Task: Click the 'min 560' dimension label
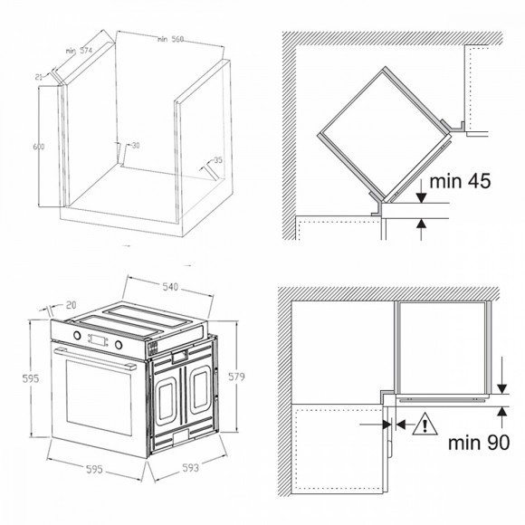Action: coord(171,39)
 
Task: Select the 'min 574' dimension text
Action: coord(79,51)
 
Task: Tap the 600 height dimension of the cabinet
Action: coord(39,147)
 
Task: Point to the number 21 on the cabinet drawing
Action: coord(39,77)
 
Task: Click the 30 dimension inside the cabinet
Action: coord(136,146)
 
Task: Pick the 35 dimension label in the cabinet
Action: coord(218,160)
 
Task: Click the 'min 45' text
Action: coord(460,181)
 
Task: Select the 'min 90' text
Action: coord(479,443)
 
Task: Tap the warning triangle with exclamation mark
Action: coord(425,425)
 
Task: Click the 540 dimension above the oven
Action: coord(170,287)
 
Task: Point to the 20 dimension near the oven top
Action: coord(71,305)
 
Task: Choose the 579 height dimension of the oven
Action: coord(236,377)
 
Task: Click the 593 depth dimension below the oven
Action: coord(190,467)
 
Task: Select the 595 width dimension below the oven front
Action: coord(94,470)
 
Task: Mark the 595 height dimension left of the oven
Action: coord(31,378)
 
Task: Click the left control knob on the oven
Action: coord(77,335)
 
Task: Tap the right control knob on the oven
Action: coord(119,345)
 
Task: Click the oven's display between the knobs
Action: coord(98,339)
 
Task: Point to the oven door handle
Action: coord(95,359)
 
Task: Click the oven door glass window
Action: coord(99,397)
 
